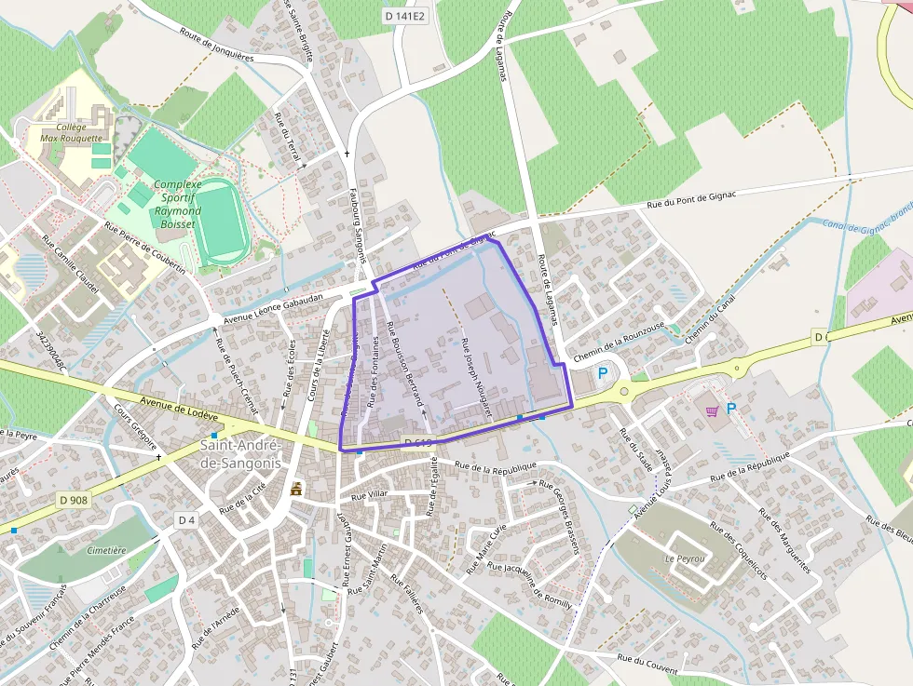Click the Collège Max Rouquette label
72,132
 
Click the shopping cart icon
713,410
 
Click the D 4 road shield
187,519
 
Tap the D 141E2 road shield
402,15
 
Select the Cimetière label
105,550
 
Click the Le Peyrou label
682,558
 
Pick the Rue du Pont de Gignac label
691,198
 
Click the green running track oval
222,221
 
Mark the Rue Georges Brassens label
560,517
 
